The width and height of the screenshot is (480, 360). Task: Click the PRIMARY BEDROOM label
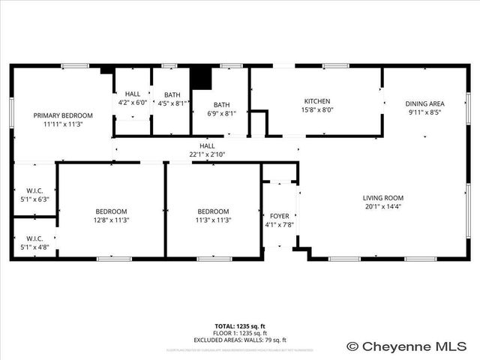[63, 115]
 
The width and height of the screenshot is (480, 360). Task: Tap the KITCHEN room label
[317, 101]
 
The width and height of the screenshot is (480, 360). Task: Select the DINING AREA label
[425, 103]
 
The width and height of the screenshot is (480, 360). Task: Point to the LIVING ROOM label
[383, 198]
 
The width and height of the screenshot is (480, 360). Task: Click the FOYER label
[279, 215]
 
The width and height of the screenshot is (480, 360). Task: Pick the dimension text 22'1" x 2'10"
[207, 154]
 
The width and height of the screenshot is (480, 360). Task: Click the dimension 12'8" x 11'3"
[111, 220]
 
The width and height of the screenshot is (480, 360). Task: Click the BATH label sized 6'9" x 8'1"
[221, 105]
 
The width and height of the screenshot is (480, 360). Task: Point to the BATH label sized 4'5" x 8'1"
[172, 94]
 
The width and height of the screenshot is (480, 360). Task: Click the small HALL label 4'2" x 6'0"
[133, 94]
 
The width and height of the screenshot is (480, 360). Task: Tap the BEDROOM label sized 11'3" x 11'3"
[214, 211]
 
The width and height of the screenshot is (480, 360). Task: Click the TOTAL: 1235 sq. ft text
[240, 326]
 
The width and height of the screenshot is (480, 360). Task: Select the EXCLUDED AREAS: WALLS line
[240, 340]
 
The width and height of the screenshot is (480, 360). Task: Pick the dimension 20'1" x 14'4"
[383, 207]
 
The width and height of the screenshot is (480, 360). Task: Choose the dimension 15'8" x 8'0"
[317, 109]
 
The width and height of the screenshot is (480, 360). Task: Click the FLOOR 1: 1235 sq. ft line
[240, 333]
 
